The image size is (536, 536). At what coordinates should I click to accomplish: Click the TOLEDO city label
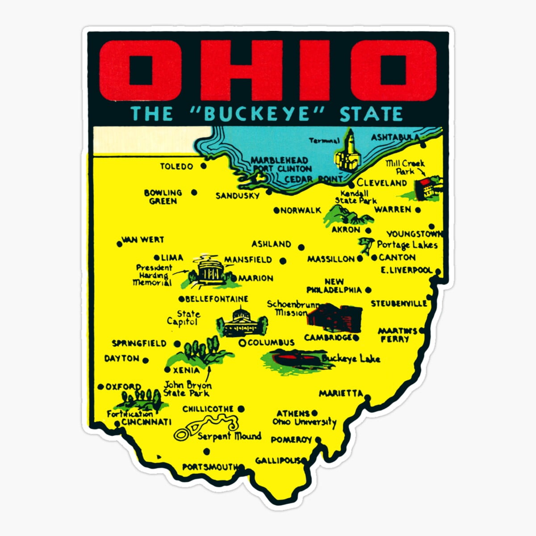pyautogui.click(x=177, y=167)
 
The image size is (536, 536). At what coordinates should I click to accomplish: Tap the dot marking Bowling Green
pyautogui.click(x=194, y=193)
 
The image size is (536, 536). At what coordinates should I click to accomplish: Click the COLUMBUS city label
pyautogui.click(x=271, y=343)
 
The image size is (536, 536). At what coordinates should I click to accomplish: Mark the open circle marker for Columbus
pyautogui.click(x=242, y=343)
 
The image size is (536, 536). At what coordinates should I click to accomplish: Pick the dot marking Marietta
pyautogui.click(x=367, y=396)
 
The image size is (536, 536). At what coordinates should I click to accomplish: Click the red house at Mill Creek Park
pyautogui.click(x=424, y=188)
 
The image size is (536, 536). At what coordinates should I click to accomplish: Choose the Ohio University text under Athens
pyautogui.click(x=304, y=422)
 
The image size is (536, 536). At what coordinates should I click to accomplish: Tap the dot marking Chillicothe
pyautogui.click(x=241, y=409)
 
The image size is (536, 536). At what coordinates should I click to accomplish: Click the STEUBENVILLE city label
pyautogui.click(x=399, y=304)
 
